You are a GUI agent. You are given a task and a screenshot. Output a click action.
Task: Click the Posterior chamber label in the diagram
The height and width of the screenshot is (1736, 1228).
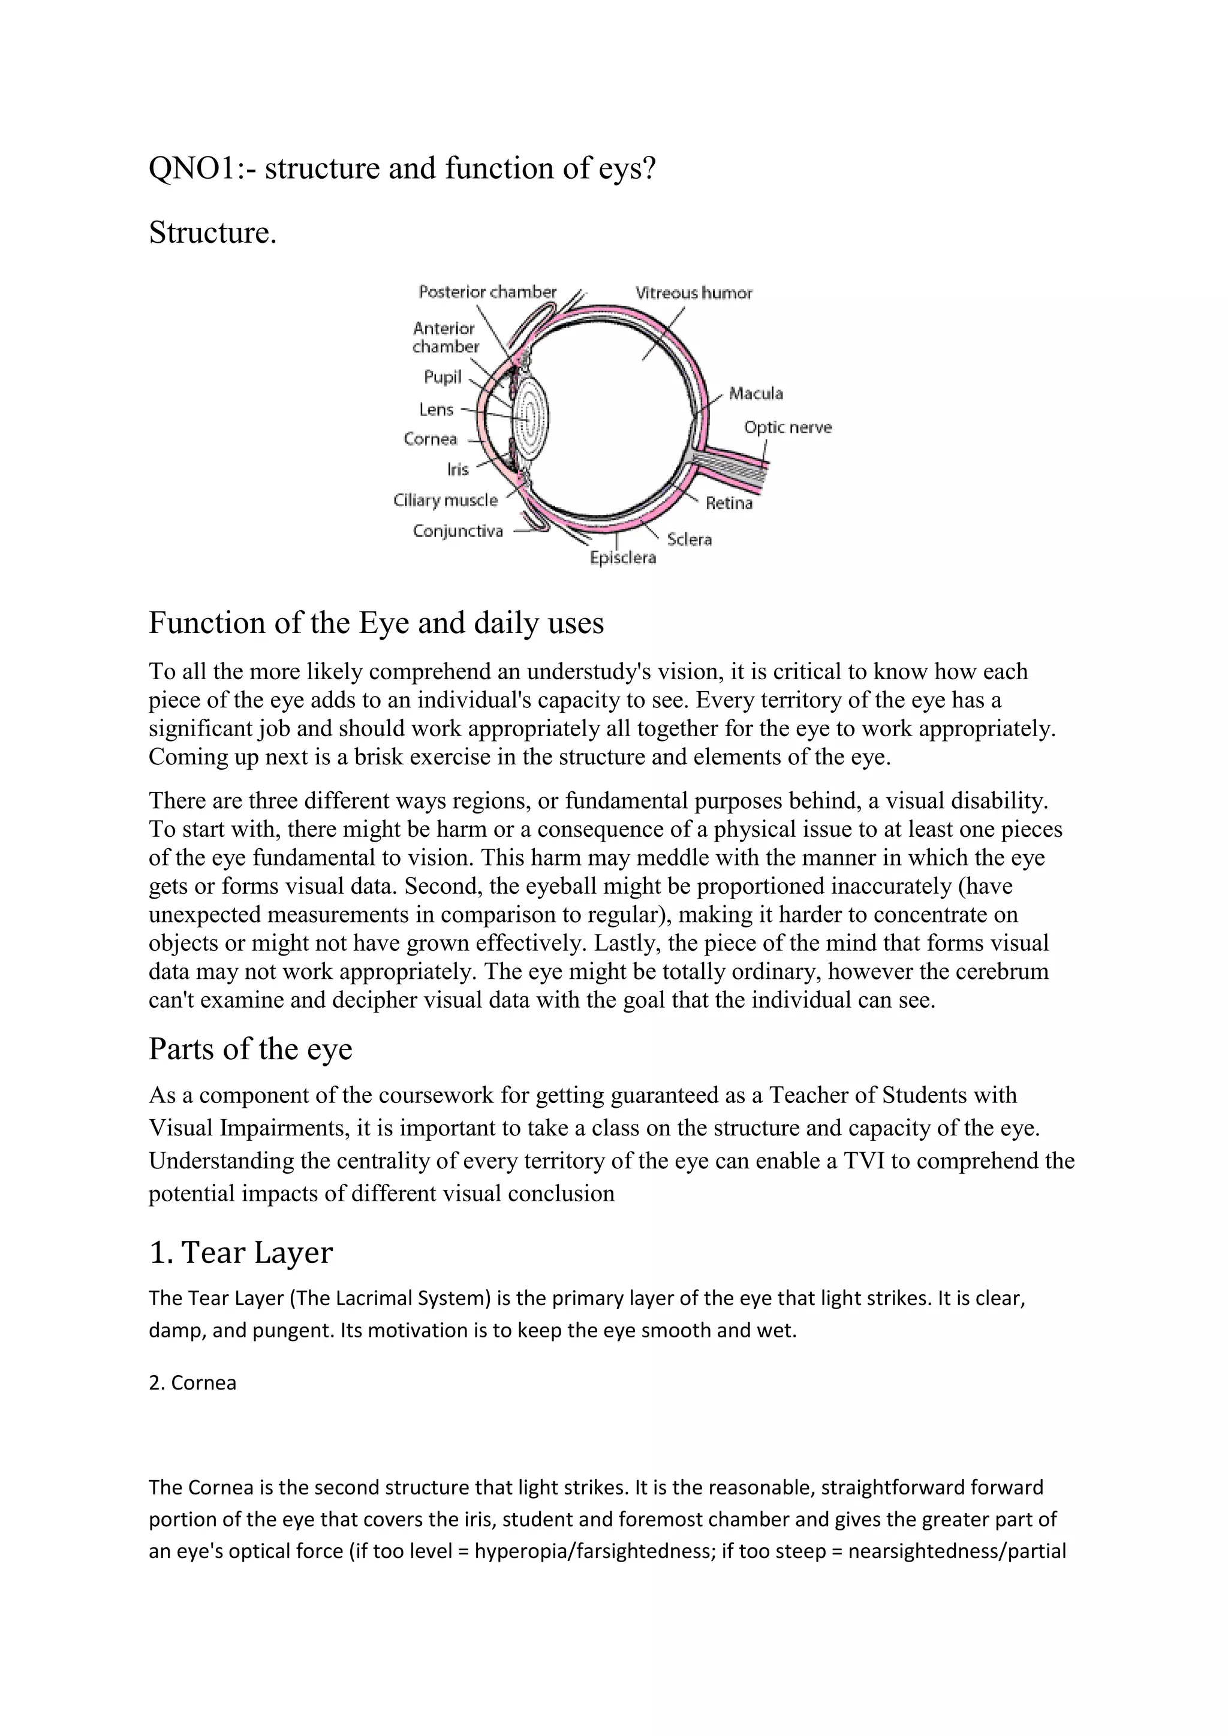click(x=487, y=292)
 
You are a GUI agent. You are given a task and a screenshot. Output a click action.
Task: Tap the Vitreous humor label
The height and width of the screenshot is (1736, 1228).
click(x=693, y=293)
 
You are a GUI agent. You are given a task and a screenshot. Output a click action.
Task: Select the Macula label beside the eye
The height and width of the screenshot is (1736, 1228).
click(x=756, y=393)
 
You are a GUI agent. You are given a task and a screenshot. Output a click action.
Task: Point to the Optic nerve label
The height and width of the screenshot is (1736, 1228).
click(x=787, y=427)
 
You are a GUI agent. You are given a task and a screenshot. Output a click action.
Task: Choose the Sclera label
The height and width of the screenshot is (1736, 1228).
click(x=689, y=539)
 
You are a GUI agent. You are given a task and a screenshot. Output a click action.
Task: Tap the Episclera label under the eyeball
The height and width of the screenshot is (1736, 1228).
click(x=622, y=558)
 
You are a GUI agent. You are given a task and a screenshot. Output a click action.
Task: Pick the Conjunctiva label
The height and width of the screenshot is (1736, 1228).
click(x=458, y=531)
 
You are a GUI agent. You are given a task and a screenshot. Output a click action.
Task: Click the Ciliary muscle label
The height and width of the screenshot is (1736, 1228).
click(x=446, y=500)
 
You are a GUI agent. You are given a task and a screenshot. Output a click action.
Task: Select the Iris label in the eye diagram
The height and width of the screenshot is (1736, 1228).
click(x=458, y=469)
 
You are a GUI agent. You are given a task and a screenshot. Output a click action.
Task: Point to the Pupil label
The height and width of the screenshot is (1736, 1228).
click(x=443, y=376)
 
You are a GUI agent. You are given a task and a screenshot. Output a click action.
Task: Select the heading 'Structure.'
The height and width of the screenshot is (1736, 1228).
click(x=212, y=232)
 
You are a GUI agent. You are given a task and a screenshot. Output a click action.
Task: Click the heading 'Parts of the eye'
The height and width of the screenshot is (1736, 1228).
click(x=250, y=1048)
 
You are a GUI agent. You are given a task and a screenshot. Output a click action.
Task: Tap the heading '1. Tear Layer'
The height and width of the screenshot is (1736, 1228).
click(x=240, y=1252)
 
